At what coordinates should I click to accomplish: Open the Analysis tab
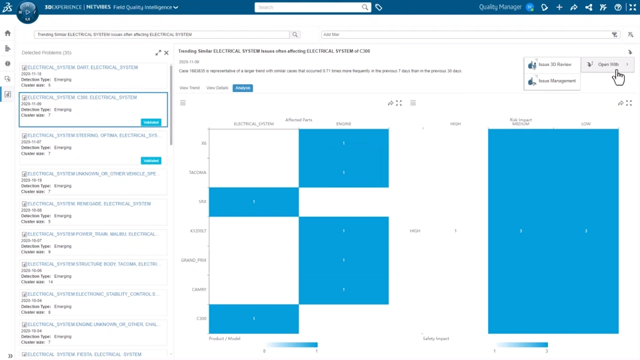pos(243,88)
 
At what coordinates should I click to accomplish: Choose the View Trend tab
pos(189,88)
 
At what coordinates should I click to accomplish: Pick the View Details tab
pos(217,88)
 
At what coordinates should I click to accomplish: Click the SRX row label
pos(202,201)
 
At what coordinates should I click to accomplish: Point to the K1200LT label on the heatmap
pos(198,231)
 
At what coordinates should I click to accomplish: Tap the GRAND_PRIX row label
pos(193,260)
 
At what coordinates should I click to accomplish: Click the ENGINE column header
pos(343,124)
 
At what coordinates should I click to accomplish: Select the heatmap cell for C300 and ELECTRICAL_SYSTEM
pos(254,319)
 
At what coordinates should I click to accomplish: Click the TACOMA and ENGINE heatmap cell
pos(343,173)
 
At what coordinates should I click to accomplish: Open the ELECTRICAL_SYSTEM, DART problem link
pos(83,67)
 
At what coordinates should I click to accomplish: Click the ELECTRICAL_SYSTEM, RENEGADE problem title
pos(89,204)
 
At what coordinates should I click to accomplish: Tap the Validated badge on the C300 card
pos(151,123)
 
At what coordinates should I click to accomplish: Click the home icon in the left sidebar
pos(8,33)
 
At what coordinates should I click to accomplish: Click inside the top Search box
pos(308,7)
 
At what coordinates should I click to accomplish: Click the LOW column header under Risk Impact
pos(585,124)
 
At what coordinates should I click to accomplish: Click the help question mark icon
pos(618,7)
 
